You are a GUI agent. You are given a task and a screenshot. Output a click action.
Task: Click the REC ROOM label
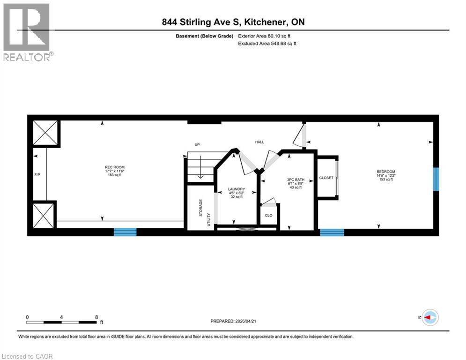(x=115, y=167)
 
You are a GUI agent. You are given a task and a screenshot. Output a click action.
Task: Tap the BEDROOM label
(x=387, y=172)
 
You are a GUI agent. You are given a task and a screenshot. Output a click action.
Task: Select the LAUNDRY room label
(x=237, y=189)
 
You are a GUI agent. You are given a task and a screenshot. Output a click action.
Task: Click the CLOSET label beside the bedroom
(x=326, y=178)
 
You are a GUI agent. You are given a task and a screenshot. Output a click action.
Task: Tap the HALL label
(x=259, y=141)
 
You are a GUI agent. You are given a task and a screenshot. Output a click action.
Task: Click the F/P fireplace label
(x=37, y=174)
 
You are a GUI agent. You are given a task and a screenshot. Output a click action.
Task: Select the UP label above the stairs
(x=197, y=144)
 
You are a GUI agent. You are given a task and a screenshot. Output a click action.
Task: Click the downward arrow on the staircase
(x=200, y=169)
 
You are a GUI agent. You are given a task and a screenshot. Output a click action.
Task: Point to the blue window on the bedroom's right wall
(x=436, y=179)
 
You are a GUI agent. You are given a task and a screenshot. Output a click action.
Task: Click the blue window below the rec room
(x=125, y=232)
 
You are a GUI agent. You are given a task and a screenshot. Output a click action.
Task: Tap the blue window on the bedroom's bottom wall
(x=332, y=232)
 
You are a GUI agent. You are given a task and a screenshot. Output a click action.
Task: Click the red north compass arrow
(x=429, y=317)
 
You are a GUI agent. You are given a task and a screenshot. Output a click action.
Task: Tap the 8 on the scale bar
(x=96, y=317)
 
